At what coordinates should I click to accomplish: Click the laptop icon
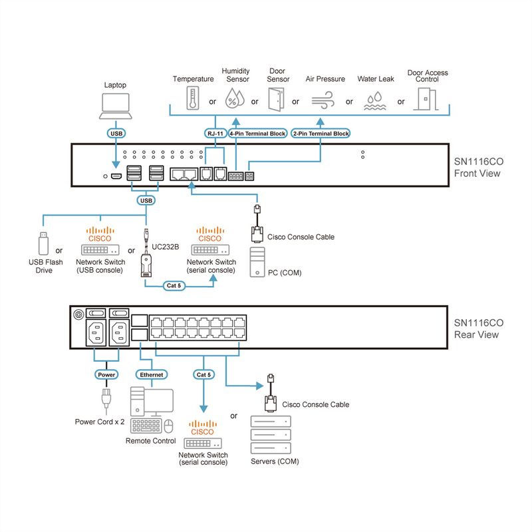pos(115,106)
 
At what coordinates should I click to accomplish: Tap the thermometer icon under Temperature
pos(193,98)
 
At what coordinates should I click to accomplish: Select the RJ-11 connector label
pos(215,134)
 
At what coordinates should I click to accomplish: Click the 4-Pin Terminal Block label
pos(257,134)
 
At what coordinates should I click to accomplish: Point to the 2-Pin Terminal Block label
pos(321,134)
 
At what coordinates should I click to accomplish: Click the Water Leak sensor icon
pos(375,101)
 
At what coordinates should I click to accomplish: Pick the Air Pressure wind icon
pos(323,100)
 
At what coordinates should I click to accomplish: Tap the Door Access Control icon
pos(426,98)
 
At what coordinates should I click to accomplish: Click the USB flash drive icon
pos(43,243)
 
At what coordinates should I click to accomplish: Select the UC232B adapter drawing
pos(146,253)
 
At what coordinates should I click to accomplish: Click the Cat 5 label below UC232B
pos(174,286)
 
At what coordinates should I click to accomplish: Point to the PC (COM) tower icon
pos(257,262)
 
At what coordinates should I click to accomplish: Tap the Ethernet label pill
pos(152,374)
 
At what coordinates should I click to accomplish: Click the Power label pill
pos(106,374)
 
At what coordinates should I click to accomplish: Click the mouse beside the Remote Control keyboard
pos(169,426)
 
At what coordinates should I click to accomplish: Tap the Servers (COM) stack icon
pos(271,435)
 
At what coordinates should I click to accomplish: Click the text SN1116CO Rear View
pos(478,329)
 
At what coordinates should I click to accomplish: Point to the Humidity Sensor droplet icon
pos(235,98)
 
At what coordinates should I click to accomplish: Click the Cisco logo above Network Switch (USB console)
pos(100,235)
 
